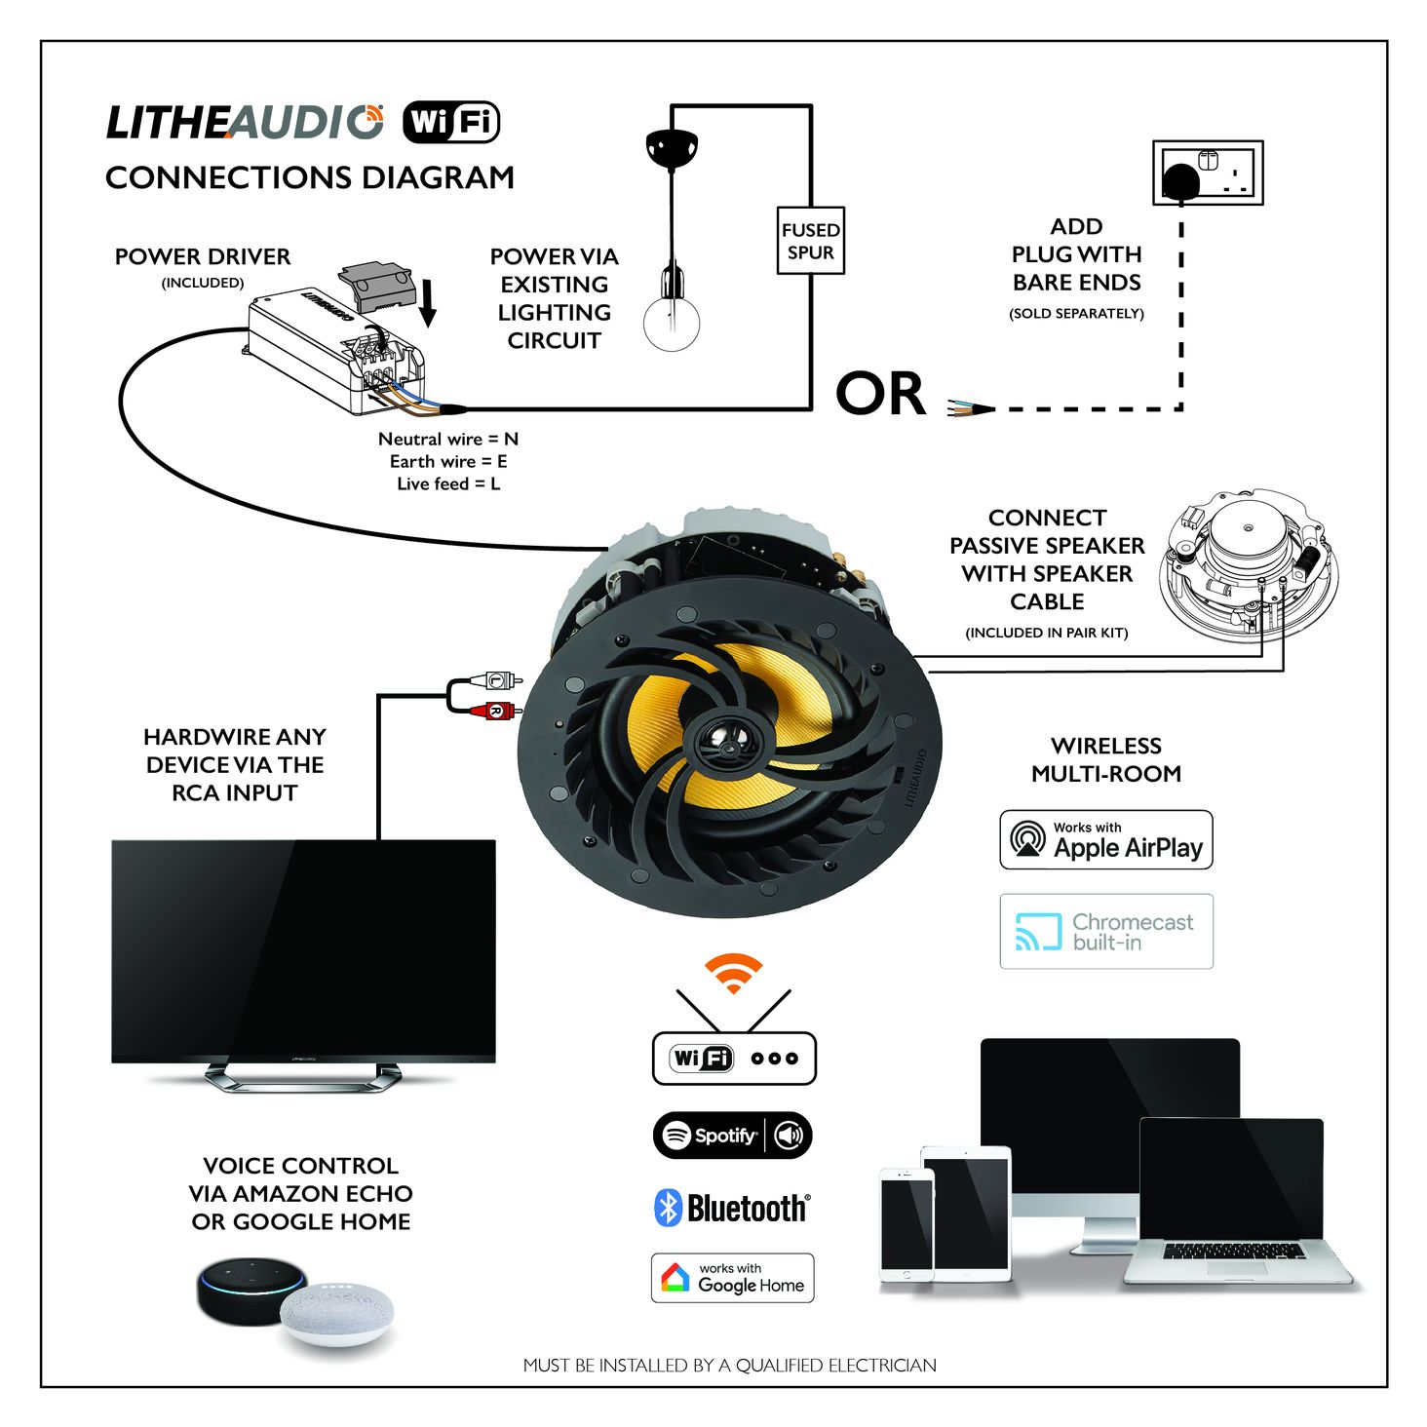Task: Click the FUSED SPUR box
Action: tap(810, 241)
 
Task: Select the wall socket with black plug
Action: tap(1208, 174)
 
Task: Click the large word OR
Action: tap(880, 394)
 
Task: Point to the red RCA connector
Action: tap(495, 711)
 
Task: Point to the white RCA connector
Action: tap(495, 679)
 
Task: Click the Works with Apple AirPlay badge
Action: tap(1106, 839)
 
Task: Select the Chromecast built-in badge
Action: tap(1106, 931)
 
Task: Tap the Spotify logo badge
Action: tap(732, 1136)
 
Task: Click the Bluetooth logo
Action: tap(732, 1209)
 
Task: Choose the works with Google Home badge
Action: tap(732, 1278)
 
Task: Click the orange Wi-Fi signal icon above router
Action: tap(734, 973)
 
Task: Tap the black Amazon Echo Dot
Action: tap(249, 1290)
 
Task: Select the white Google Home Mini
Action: tap(337, 1315)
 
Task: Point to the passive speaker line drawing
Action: tap(1249, 565)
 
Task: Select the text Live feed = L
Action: tap(448, 484)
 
